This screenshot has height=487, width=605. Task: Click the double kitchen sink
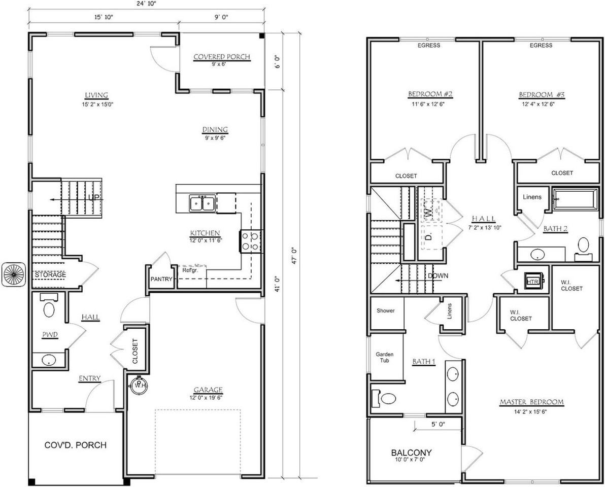[202, 203]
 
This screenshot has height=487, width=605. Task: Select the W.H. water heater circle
[139, 385]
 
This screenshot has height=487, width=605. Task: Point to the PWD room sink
[49, 360]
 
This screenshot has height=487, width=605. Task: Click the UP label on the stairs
[93, 197]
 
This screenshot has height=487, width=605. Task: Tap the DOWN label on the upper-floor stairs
[438, 276]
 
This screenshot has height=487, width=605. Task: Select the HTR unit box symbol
[533, 281]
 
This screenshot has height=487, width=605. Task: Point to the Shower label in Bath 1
[386, 310]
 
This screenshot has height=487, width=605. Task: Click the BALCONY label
[411, 453]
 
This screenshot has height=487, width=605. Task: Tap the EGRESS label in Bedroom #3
[541, 45]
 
